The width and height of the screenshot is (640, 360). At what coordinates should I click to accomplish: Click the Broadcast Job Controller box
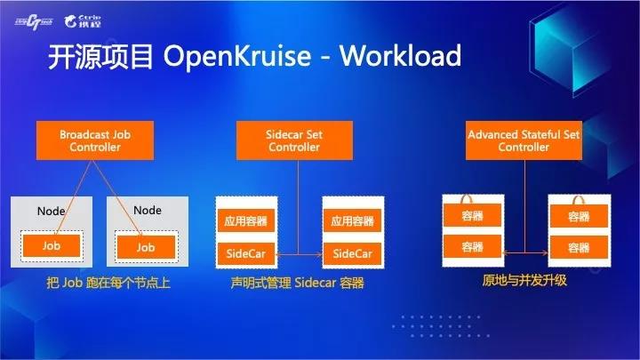click(95, 140)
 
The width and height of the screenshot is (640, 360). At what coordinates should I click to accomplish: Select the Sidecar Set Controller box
click(294, 140)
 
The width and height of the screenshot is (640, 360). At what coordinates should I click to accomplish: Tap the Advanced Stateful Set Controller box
click(524, 140)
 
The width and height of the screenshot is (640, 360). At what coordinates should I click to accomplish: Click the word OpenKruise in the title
click(237, 56)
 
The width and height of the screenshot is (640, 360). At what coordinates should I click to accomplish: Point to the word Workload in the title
click(400, 55)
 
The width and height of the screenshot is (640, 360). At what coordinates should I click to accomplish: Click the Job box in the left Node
click(52, 245)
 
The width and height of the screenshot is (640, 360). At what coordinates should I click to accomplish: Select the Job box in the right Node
click(146, 247)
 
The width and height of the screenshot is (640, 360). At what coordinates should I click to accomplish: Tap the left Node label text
click(51, 211)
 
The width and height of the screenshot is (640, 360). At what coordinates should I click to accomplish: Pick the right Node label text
click(148, 210)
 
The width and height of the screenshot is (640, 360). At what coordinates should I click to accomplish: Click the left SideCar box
click(245, 253)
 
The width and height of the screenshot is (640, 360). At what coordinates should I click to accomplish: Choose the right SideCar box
click(353, 253)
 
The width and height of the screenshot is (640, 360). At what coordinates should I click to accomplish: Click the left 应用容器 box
click(245, 220)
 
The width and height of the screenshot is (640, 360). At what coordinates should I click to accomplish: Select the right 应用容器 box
click(353, 220)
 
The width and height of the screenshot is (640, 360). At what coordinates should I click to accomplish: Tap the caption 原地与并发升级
click(524, 280)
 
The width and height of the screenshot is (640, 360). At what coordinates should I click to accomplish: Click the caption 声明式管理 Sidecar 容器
click(297, 283)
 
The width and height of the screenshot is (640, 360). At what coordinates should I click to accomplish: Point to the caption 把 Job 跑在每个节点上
click(108, 283)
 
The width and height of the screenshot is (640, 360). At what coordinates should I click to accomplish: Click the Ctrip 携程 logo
click(83, 21)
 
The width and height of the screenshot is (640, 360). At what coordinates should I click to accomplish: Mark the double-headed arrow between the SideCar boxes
click(300, 254)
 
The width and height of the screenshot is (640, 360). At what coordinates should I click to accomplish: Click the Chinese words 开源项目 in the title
click(100, 56)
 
